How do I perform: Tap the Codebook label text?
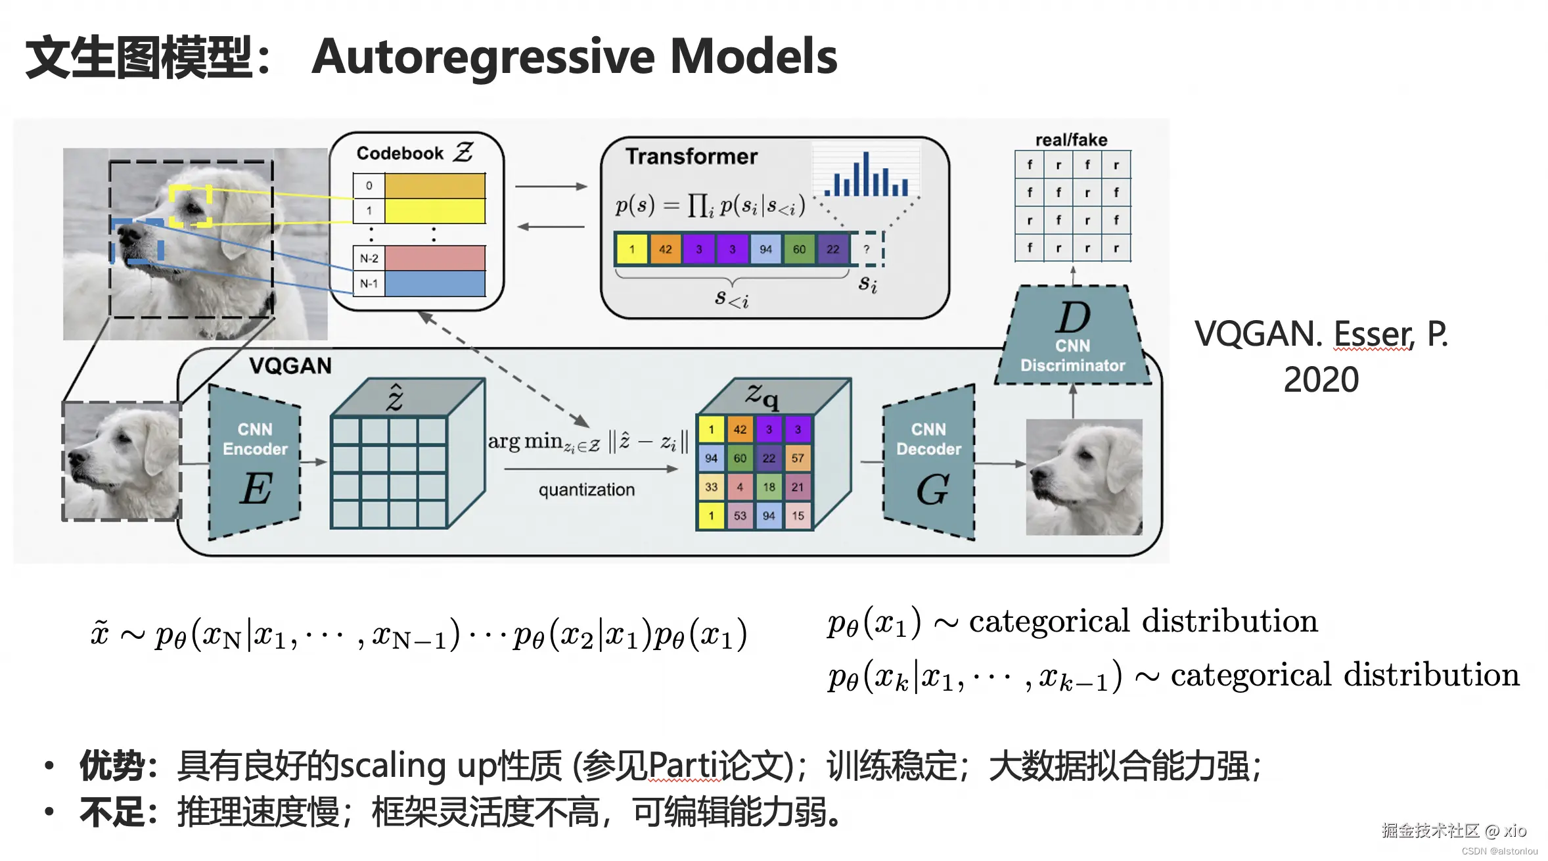coord(399,153)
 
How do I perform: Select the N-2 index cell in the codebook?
coord(369,258)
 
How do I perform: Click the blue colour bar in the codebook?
coord(435,284)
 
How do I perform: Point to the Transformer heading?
coord(691,156)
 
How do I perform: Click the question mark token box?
coord(867,250)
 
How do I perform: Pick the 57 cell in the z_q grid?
coord(798,458)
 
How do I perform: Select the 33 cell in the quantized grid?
coord(711,487)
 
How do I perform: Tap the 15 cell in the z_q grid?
coord(798,516)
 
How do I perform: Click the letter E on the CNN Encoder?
coord(256,489)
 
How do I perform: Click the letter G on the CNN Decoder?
coord(932,490)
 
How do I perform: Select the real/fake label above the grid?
coord(1071,140)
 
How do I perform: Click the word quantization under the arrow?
coord(587,490)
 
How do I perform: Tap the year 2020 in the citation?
coord(1321,380)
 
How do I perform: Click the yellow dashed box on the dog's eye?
coord(191,206)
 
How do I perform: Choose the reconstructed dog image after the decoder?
coord(1084,477)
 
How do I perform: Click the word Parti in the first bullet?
coord(683,766)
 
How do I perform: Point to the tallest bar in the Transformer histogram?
coord(866,174)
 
